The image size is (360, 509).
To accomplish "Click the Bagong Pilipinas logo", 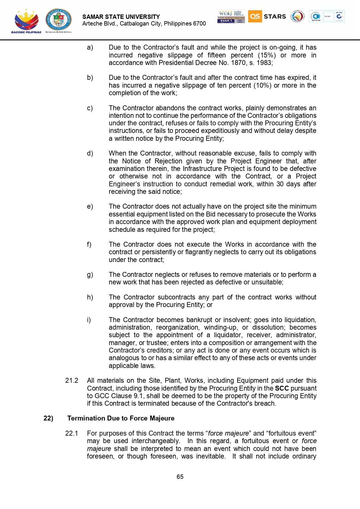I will click(26, 21).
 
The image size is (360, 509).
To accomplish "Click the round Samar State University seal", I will click(58, 19).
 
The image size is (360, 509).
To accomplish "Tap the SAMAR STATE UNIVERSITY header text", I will click(121, 17).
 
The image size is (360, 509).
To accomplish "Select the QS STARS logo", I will click(267, 17).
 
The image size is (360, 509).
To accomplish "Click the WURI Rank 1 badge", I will click(231, 17).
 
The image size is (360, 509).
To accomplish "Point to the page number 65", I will click(180, 476).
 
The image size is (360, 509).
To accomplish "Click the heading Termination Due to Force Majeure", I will click(121, 418).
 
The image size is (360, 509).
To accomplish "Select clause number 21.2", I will click(72, 380).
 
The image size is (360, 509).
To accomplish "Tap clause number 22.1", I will click(72, 433).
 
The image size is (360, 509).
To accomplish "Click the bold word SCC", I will click(282, 388).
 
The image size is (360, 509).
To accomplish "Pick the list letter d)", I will click(90, 153).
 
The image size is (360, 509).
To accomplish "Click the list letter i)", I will click(89, 320).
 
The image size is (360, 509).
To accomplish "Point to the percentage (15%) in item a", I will click(267, 55).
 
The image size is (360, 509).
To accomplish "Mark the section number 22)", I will click(48, 418).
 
